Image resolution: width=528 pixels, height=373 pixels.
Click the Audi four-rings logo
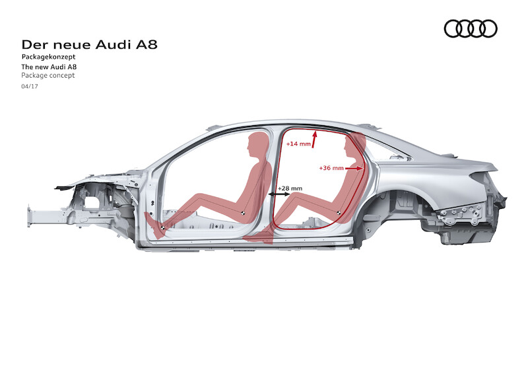[x=471, y=28]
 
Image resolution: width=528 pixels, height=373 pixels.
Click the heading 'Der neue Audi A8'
[x=89, y=45]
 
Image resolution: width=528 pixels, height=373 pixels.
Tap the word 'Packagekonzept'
[x=48, y=57]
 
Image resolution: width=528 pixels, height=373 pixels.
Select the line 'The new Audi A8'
[x=49, y=67]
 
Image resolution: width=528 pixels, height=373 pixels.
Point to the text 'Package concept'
[x=48, y=75]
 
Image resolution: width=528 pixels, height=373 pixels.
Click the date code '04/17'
[x=30, y=86]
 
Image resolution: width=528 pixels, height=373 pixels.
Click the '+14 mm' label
[x=298, y=144]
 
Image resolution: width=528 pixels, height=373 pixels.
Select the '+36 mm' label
[x=331, y=168]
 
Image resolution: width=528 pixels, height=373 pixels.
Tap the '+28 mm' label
[x=290, y=188]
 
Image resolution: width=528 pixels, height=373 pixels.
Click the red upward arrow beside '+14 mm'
[x=315, y=139]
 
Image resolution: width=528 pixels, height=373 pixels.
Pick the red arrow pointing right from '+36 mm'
[x=354, y=168]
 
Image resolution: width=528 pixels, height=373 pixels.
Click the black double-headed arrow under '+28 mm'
[x=279, y=194]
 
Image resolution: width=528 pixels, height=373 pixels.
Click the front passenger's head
[x=258, y=144]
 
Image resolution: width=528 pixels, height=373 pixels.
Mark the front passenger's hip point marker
[x=242, y=212]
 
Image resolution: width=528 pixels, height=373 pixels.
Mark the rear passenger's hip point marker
[x=338, y=212]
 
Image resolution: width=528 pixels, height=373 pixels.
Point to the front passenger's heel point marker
[x=162, y=228]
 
